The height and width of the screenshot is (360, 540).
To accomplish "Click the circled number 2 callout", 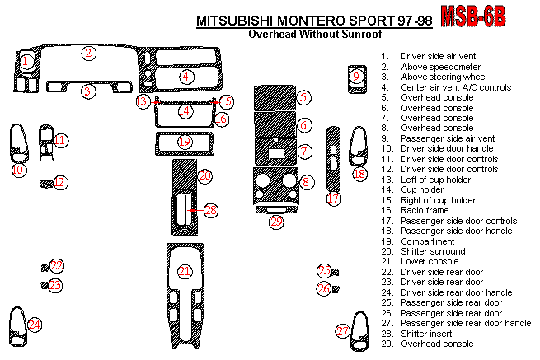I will [x=88, y=54].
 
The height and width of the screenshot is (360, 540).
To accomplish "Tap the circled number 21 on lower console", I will [x=185, y=272].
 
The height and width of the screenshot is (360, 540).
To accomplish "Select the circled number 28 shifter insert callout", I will [x=211, y=211].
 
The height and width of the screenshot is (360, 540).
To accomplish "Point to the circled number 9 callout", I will [x=356, y=77].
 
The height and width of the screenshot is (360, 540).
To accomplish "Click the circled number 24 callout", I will [x=34, y=325].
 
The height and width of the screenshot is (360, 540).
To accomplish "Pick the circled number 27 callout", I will [x=343, y=331].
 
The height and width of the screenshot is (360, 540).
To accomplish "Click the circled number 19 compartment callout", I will [x=185, y=143].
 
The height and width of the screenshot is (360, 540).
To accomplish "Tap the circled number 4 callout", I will [x=187, y=77].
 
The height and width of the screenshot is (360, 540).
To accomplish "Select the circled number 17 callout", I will [x=333, y=199].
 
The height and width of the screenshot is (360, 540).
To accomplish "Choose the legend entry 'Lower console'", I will [x=429, y=262].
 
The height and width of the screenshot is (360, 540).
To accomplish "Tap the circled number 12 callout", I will [x=60, y=182].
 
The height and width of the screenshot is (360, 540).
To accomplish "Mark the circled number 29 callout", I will [x=276, y=222].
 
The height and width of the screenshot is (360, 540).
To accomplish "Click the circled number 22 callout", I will [x=56, y=265].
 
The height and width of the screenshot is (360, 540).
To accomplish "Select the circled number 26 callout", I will [x=324, y=288].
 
